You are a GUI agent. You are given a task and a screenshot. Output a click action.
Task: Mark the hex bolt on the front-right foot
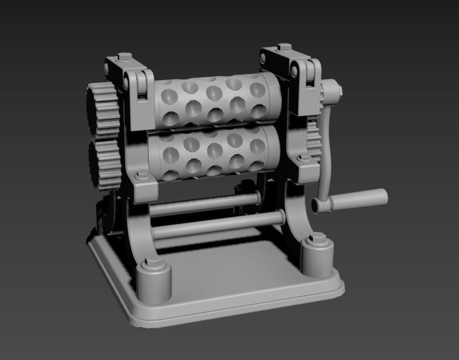[x=317, y=239]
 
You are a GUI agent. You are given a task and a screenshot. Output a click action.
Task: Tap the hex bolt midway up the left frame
[x=142, y=176]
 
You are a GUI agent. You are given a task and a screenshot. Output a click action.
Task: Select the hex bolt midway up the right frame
[x=303, y=159]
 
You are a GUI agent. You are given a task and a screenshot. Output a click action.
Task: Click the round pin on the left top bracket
[x=126, y=82]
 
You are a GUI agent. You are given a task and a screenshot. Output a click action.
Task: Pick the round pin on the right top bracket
[x=295, y=70]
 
